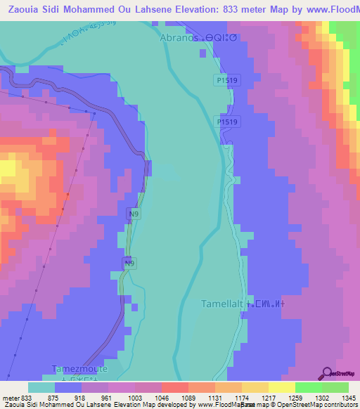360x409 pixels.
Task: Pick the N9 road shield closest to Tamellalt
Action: click(x=129, y=264)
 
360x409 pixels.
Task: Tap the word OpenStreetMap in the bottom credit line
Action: click(x=281, y=405)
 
